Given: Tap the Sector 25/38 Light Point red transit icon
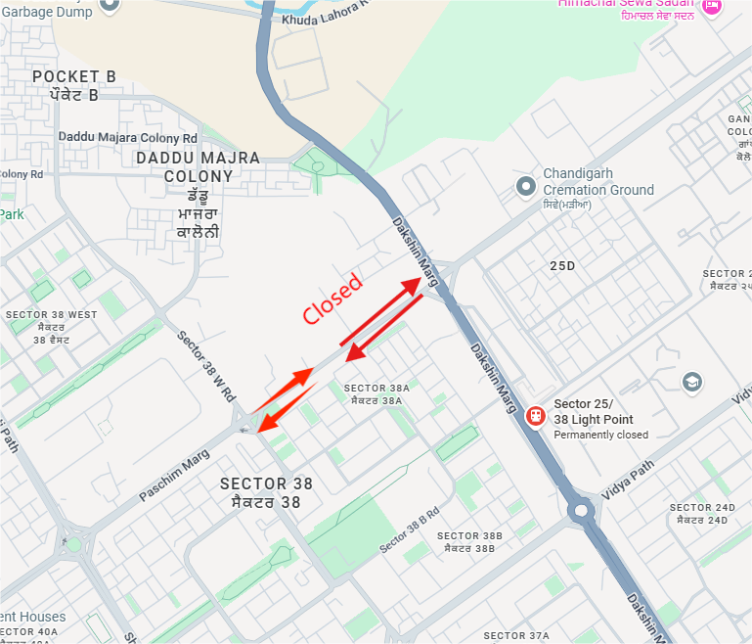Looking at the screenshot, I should coord(535,415).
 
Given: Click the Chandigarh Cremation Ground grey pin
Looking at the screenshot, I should coord(527,184).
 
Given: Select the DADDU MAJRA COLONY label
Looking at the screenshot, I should coord(199,166).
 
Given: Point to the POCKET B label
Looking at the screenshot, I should coord(74,76).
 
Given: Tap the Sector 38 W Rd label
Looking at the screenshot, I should coord(206,366).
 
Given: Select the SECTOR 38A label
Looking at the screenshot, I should coord(376,389).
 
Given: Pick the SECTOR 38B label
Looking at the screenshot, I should coord(469,536).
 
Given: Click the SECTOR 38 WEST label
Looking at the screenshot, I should coord(52,315).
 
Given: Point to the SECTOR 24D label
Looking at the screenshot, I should coord(702,508).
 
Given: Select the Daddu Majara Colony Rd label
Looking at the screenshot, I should coord(128,138).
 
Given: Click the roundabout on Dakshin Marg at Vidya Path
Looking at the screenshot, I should coord(584,509).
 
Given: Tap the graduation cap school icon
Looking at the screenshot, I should coord(692,382).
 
